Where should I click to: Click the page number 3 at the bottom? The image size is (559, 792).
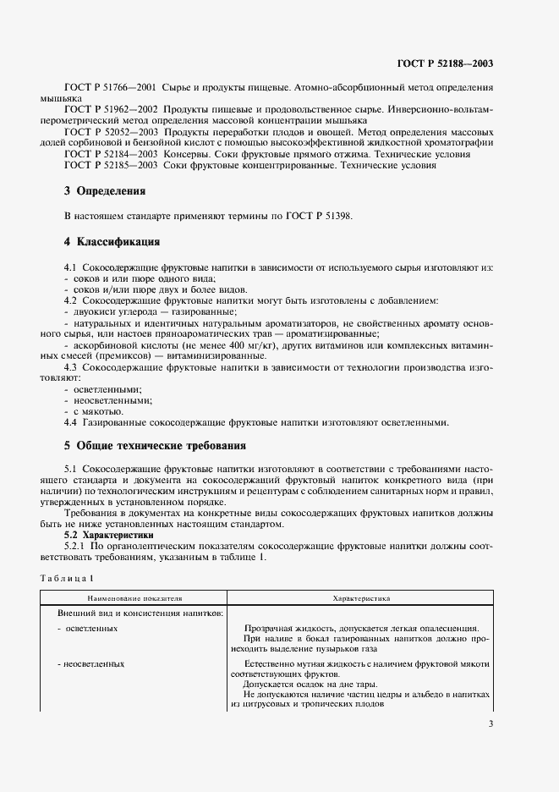click(490, 723)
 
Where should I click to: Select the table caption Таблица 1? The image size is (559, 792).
click(64, 576)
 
